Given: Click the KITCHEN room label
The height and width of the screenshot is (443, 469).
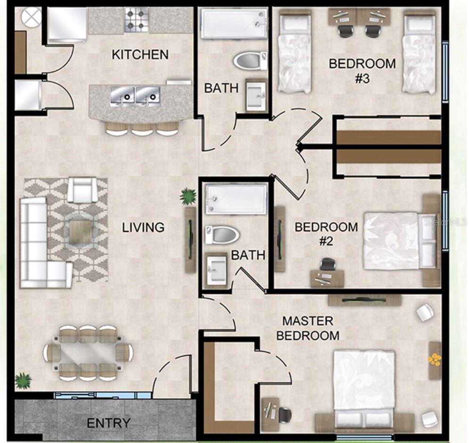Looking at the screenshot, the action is tap(140, 55).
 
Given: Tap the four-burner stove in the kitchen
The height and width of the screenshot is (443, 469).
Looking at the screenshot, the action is tap(136, 20).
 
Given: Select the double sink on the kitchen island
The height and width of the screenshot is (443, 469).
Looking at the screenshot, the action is tap(135, 96).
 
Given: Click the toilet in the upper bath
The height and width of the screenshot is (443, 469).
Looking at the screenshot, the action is tap(250, 61).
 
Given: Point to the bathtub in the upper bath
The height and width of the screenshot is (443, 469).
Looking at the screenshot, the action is tap(234, 24).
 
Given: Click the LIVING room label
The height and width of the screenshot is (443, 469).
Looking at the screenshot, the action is tap(143, 228).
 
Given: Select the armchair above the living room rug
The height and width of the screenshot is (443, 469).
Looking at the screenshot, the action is tap(82, 190).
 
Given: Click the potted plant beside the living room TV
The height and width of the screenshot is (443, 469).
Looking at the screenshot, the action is tap(188, 196).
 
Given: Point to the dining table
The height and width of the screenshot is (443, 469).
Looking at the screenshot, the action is tap(88, 353).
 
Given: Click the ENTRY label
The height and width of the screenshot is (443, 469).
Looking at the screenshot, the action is tap(108, 423).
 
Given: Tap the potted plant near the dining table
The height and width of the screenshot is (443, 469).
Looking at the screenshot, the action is tap(23, 381).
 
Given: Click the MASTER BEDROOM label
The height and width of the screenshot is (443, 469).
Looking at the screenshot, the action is tap(308, 328).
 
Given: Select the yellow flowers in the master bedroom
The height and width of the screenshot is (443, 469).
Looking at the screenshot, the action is tap(435, 359).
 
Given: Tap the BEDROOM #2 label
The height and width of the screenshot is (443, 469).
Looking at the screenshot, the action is tap(326, 234).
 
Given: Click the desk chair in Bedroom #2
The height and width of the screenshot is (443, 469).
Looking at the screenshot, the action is tap(328, 264).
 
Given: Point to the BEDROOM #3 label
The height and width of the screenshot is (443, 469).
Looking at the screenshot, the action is tap(362, 71).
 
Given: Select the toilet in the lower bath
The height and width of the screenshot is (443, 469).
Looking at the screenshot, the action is tap(222, 234).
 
